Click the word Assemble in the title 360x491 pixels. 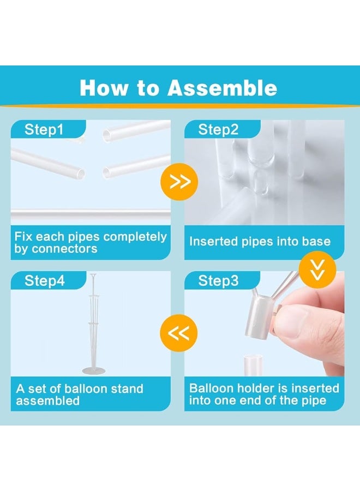click(222, 88)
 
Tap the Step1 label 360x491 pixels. click(44, 130)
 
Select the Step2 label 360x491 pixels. click(218, 130)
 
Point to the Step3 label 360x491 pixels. click(218, 281)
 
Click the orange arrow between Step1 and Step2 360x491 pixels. click(179, 182)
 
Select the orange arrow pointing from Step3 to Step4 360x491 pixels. click(179, 332)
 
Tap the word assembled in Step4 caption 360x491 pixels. click(48, 400)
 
